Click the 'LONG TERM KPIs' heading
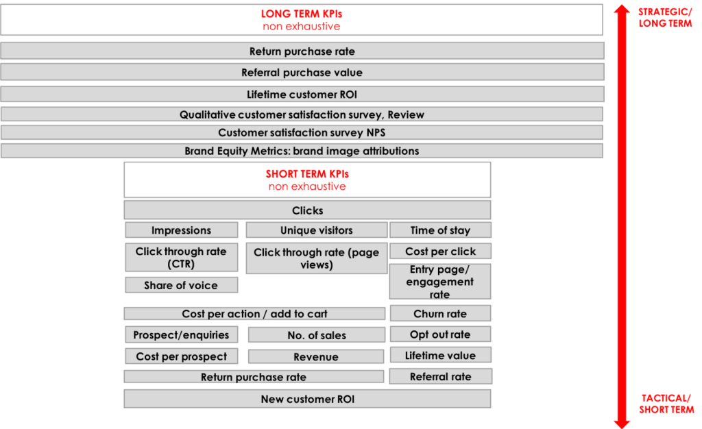tap(302, 14)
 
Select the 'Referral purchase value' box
tap(302, 72)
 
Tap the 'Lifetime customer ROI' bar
tap(302, 94)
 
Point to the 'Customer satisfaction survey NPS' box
tap(302, 132)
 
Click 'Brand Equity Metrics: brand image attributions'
tap(302, 151)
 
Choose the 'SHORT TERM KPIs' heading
tap(307, 174)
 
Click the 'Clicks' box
tap(307, 210)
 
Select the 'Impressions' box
tap(181, 230)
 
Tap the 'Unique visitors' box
tap(317, 230)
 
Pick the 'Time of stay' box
tap(440, 230)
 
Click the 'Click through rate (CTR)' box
tap(181, 257)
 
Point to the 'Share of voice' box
tap(181, 285)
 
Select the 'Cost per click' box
tap(440, 251)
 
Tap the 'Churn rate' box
tap(440, 313)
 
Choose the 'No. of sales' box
tap(317, 334)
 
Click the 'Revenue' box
tap(316, 356)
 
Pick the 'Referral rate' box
tap(441, 376)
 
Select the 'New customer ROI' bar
tap(307, 399)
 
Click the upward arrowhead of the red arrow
tap(622, 10)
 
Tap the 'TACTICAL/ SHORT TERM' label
tap(666, 404)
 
